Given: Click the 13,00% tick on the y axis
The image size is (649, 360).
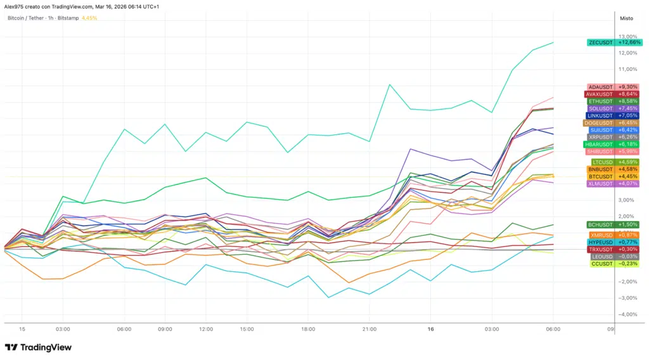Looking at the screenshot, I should point(627,37).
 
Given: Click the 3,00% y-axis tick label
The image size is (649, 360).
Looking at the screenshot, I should point(627,200).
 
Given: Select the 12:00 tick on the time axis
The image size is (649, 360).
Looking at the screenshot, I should point(205,330).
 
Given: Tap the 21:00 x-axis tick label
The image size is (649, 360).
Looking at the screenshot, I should point(369,330).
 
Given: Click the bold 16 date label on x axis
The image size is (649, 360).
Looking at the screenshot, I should point(430,330).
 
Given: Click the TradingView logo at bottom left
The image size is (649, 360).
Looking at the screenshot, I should point(38,347).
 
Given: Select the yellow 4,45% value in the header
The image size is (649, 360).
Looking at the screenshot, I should point(89,18).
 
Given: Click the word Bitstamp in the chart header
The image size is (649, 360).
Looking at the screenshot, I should point(68,18).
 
